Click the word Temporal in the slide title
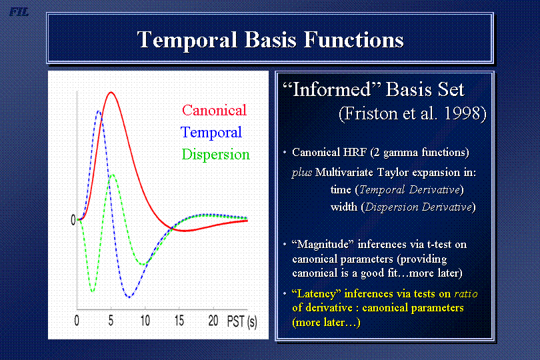click(x=187, y=40)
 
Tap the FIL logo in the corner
click(x=19, y=12)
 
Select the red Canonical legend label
click(x=214, y=110)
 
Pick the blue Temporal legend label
click(x=211, y=132)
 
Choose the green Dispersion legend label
click(x=215, y=155)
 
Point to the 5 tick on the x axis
click(x=111, y=321)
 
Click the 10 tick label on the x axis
click(x=145, y=321)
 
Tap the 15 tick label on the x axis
click(x=179, y=321)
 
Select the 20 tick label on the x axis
click(x=213, y=321)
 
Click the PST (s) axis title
click(x=242, y=322)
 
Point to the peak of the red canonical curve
click(x=111, y=92)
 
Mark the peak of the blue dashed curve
click(x=99, y=111)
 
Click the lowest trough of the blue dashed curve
click(x=129, y=297)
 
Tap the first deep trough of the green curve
click(x=92, y=291)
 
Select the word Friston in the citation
click(x=368, y=114)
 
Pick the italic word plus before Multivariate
click(x=302, y=173)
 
